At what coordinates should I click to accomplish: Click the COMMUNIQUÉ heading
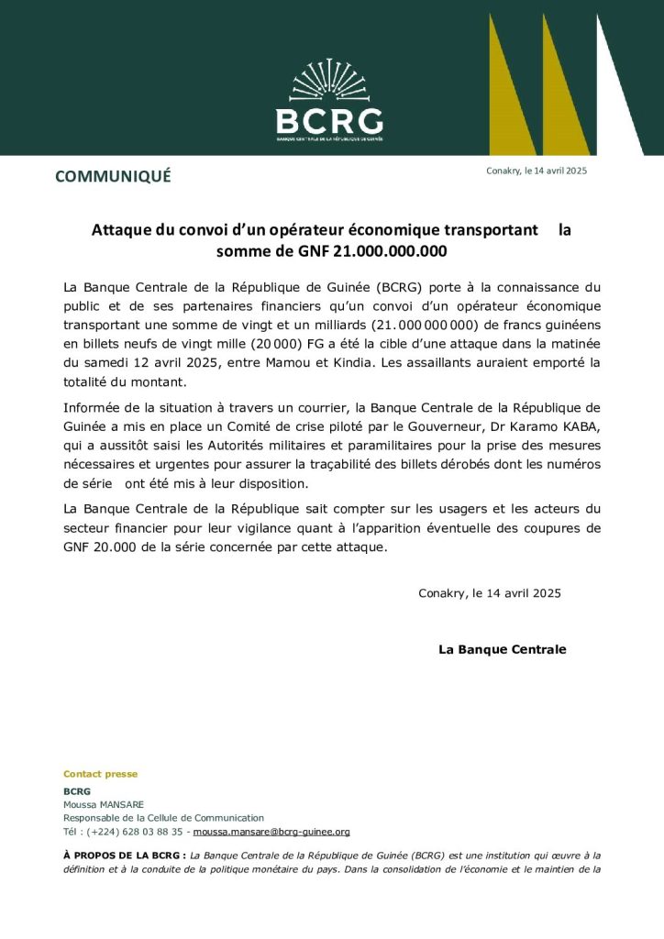[113, 177]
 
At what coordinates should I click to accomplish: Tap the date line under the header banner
[537, 171]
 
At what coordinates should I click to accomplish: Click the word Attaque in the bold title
[122, 230]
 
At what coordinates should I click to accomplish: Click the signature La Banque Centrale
[502, 649]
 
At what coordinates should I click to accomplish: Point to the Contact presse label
[100, 774]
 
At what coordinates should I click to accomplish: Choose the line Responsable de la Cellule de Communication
[163, 818]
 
